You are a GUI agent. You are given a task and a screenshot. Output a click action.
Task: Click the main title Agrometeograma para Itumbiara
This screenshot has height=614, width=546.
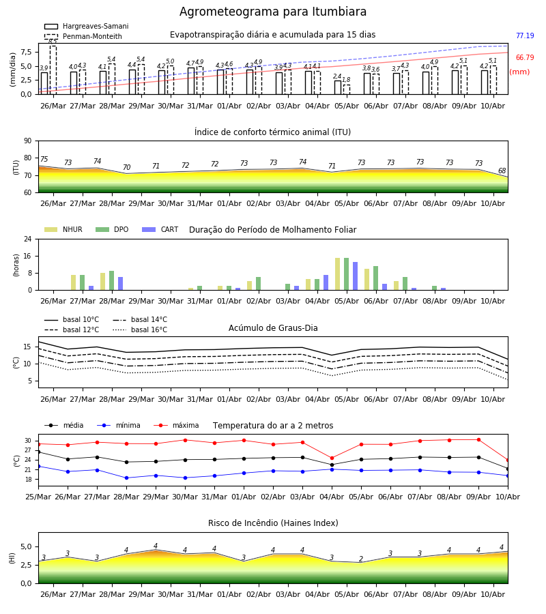273,12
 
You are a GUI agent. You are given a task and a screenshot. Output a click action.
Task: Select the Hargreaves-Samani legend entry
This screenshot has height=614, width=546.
86,26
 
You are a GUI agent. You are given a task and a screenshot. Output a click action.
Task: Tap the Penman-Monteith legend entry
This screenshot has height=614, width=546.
83,36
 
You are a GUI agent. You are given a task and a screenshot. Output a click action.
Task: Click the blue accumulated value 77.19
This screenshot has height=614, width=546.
525,35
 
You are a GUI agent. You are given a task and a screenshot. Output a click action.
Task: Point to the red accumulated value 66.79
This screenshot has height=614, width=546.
525,57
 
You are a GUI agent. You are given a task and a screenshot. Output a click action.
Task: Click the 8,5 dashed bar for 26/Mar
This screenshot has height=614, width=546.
53,70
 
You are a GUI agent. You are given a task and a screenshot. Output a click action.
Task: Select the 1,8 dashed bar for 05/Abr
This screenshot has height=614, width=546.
347,89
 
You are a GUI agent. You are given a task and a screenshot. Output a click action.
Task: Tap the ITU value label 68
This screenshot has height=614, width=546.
502,171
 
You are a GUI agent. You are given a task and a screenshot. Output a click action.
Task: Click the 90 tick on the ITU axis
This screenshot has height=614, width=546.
28,141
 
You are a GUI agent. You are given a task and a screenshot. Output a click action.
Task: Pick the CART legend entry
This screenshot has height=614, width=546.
160,229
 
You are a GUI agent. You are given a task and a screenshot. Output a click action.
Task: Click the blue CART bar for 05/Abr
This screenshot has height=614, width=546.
356,276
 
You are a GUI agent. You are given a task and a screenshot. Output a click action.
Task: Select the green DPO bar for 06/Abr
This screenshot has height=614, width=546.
376,278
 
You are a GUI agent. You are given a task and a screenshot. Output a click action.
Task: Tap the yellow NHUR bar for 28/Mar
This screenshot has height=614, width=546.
102,282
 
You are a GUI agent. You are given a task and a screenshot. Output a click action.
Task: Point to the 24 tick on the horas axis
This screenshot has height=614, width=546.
28,239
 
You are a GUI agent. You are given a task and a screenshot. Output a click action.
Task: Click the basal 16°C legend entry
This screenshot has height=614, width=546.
140,330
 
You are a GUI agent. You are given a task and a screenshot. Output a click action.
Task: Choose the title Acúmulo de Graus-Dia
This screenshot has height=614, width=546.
273,328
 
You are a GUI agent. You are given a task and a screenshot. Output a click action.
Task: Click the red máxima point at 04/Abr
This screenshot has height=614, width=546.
332,458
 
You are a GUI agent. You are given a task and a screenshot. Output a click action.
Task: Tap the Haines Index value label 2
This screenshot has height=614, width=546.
361,559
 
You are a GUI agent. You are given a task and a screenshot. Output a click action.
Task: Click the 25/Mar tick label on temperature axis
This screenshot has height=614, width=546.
38,497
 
